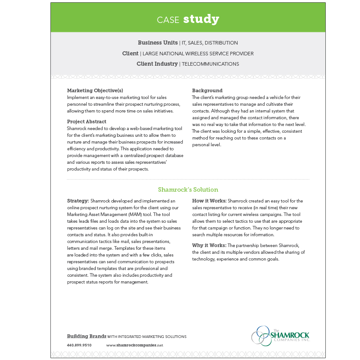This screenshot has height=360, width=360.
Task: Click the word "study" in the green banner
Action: tap(201, 19)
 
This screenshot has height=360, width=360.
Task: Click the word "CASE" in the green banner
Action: tap(168, 20)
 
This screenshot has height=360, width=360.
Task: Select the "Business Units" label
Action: tap(157, 43)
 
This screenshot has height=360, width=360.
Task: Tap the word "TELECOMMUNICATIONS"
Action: tap(210, 64)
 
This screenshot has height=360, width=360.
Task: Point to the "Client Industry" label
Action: tap(157, 64)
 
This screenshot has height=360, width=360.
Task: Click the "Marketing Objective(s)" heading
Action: tap(95, 90)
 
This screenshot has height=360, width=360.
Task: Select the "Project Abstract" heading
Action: tap(87, 121)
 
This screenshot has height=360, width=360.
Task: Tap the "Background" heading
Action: tap(207, 90)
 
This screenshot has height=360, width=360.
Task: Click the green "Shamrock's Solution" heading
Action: tap(188, 189)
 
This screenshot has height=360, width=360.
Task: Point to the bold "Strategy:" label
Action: tap(78, 201)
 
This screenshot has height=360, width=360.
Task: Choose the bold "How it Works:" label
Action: tap(209, 201)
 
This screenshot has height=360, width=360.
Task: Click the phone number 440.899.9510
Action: tap(79, 345)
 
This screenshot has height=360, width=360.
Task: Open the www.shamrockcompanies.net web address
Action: tap(135, 345)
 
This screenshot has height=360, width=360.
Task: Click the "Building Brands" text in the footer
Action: tap(86, 336)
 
